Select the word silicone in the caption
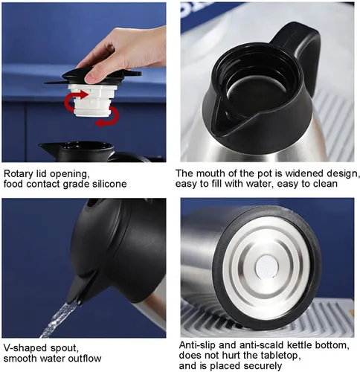(109, 184)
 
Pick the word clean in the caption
(325, 184)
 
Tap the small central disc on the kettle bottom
(266, 269)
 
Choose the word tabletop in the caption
(280, 356)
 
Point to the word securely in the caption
(263, 366)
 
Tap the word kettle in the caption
(300, 345)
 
